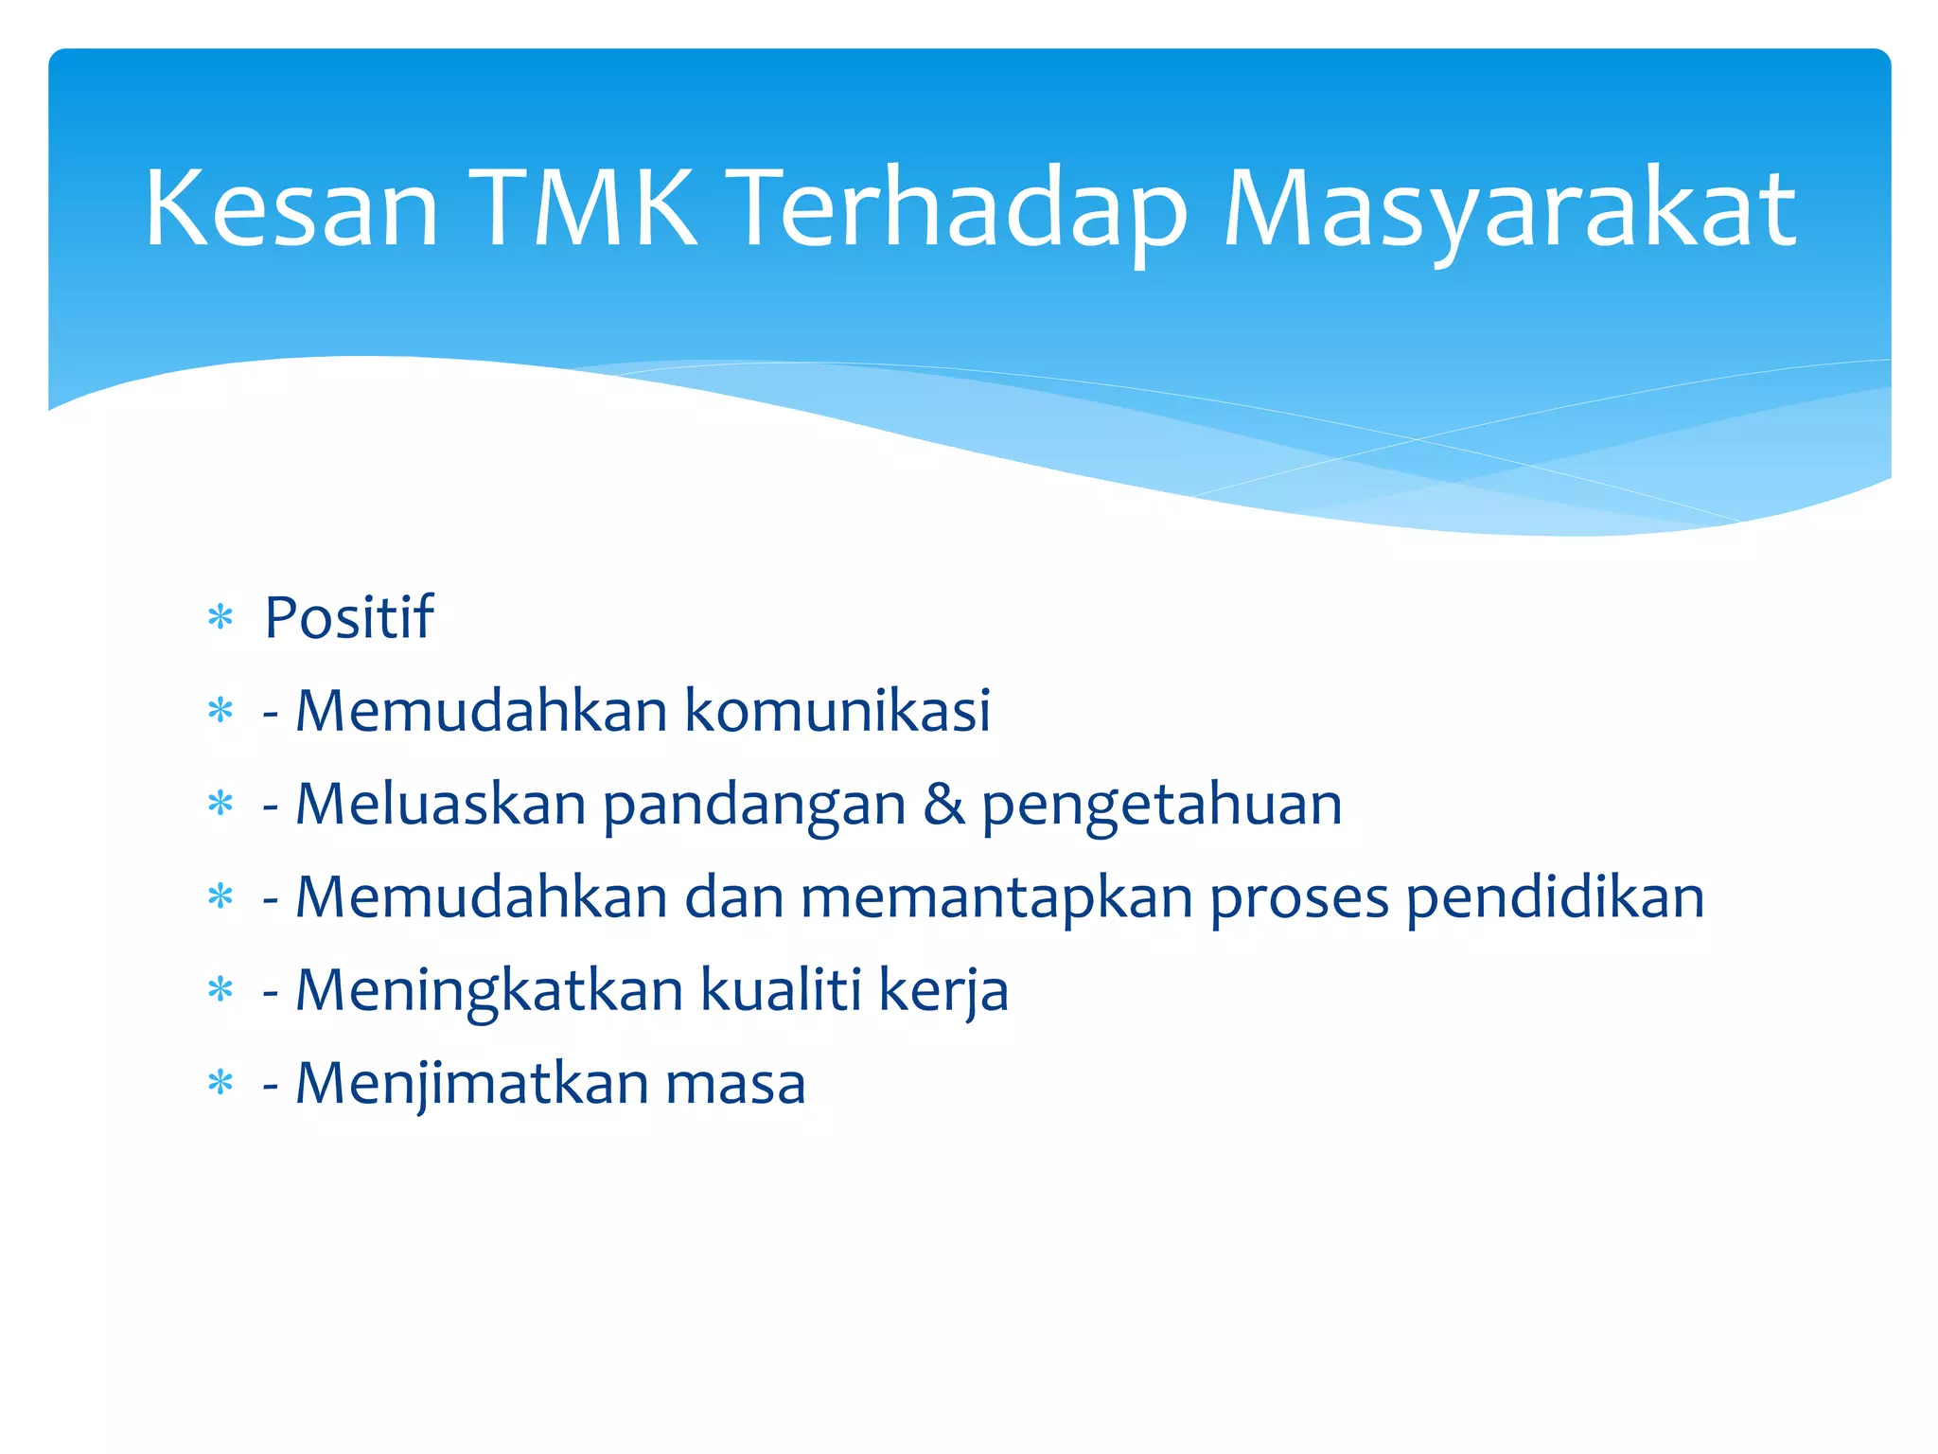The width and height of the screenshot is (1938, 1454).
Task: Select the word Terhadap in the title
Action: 960,208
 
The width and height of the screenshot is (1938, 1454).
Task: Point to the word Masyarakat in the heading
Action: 1509,208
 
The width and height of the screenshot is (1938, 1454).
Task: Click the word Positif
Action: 348,618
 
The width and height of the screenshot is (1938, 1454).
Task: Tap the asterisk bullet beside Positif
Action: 220,619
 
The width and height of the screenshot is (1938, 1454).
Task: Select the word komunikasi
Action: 837,710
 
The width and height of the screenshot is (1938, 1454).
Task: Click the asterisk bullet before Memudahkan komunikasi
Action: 220,711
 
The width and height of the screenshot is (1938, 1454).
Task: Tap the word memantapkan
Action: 996,898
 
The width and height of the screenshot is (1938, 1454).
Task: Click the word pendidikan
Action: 1555,898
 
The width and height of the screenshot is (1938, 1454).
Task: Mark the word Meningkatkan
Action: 489,991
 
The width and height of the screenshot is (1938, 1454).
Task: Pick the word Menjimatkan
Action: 471,1083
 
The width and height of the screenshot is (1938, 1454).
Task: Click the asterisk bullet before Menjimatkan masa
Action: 220,1083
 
